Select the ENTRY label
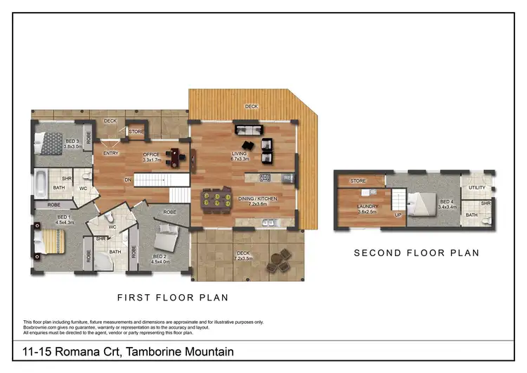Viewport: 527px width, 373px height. pyautogui.click(x=110, y=153)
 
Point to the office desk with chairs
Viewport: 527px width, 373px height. pyautogui.click(x=178, y=156)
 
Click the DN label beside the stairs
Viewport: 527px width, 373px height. pyautogui.click(x=129, y=180)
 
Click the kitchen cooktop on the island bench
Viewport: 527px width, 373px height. pyautogui.click(x=266, y=177)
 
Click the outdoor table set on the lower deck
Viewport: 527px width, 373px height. pyautogui.click(x=281, y=260)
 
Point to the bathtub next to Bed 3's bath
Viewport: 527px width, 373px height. pyautogui.click(x=40, y=185)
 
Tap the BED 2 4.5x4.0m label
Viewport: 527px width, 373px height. pyautogui.click(x=160, y=258)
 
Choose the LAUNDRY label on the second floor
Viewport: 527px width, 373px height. pyautogui.click(x=367, y=208)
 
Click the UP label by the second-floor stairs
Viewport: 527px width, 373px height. pyautogui.click(x=398, y=215)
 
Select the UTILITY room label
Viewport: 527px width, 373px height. pyautogui.click(x=477, y=188)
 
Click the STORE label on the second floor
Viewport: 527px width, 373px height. pyautogui.click(x=359, y=182)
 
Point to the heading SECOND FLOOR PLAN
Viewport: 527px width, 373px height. pyautogui.click(x=416, y=253)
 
